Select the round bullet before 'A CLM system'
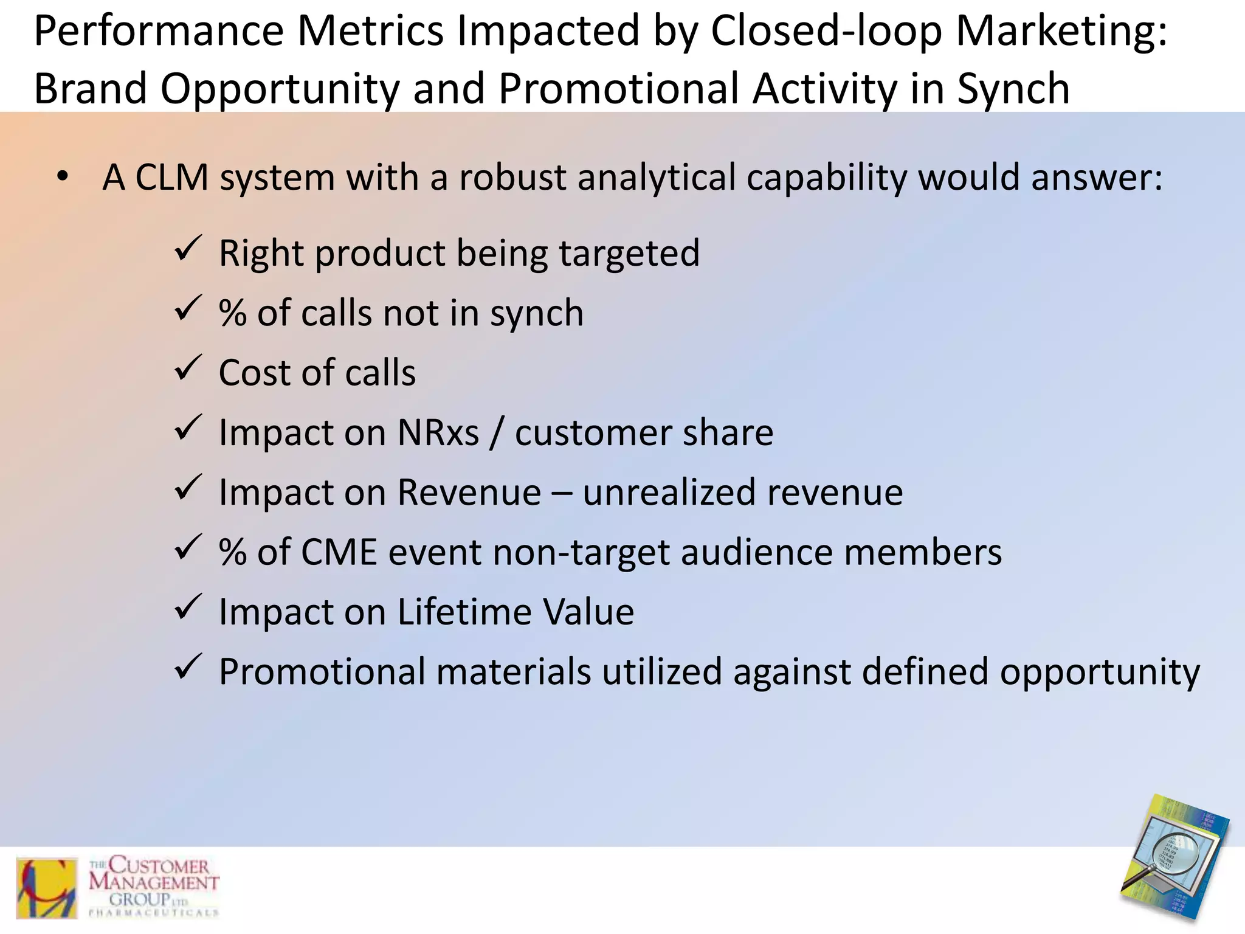[63, 177]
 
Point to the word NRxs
[438, 433]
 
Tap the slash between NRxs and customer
[497, 433]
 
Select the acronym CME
[338, 552]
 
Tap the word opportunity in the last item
[1099, 673]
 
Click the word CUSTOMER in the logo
[159, 865]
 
